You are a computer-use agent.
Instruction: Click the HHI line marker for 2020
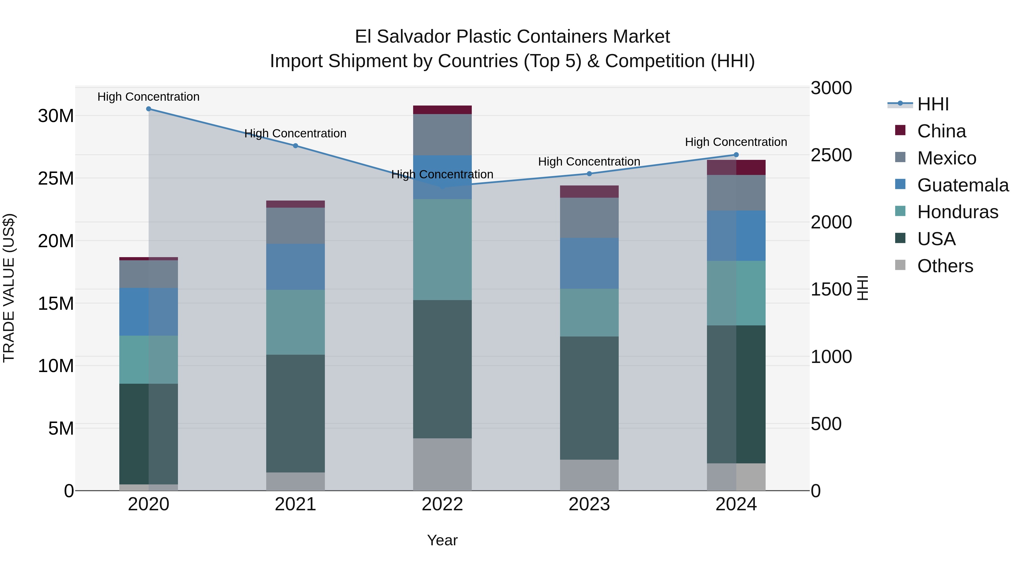point(148,109)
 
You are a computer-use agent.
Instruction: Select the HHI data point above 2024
point(736,155)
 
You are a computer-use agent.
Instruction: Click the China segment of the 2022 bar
point(442,110)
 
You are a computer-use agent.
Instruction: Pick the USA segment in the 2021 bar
point(295,413)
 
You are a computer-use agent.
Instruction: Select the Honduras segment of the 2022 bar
point(442,250)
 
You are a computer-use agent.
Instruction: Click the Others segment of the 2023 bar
point(589,475)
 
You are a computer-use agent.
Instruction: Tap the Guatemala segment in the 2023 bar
point(589,263)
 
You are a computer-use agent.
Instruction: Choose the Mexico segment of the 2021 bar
point(295,226)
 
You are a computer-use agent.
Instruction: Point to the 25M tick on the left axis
point(56,178)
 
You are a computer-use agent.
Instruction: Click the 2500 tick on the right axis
point(831,155)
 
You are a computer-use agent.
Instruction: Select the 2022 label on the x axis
point(442,504)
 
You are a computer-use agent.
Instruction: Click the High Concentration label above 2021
point(295,134)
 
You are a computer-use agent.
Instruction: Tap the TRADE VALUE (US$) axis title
point(9,288)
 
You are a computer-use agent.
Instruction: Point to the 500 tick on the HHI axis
point(826,424)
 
